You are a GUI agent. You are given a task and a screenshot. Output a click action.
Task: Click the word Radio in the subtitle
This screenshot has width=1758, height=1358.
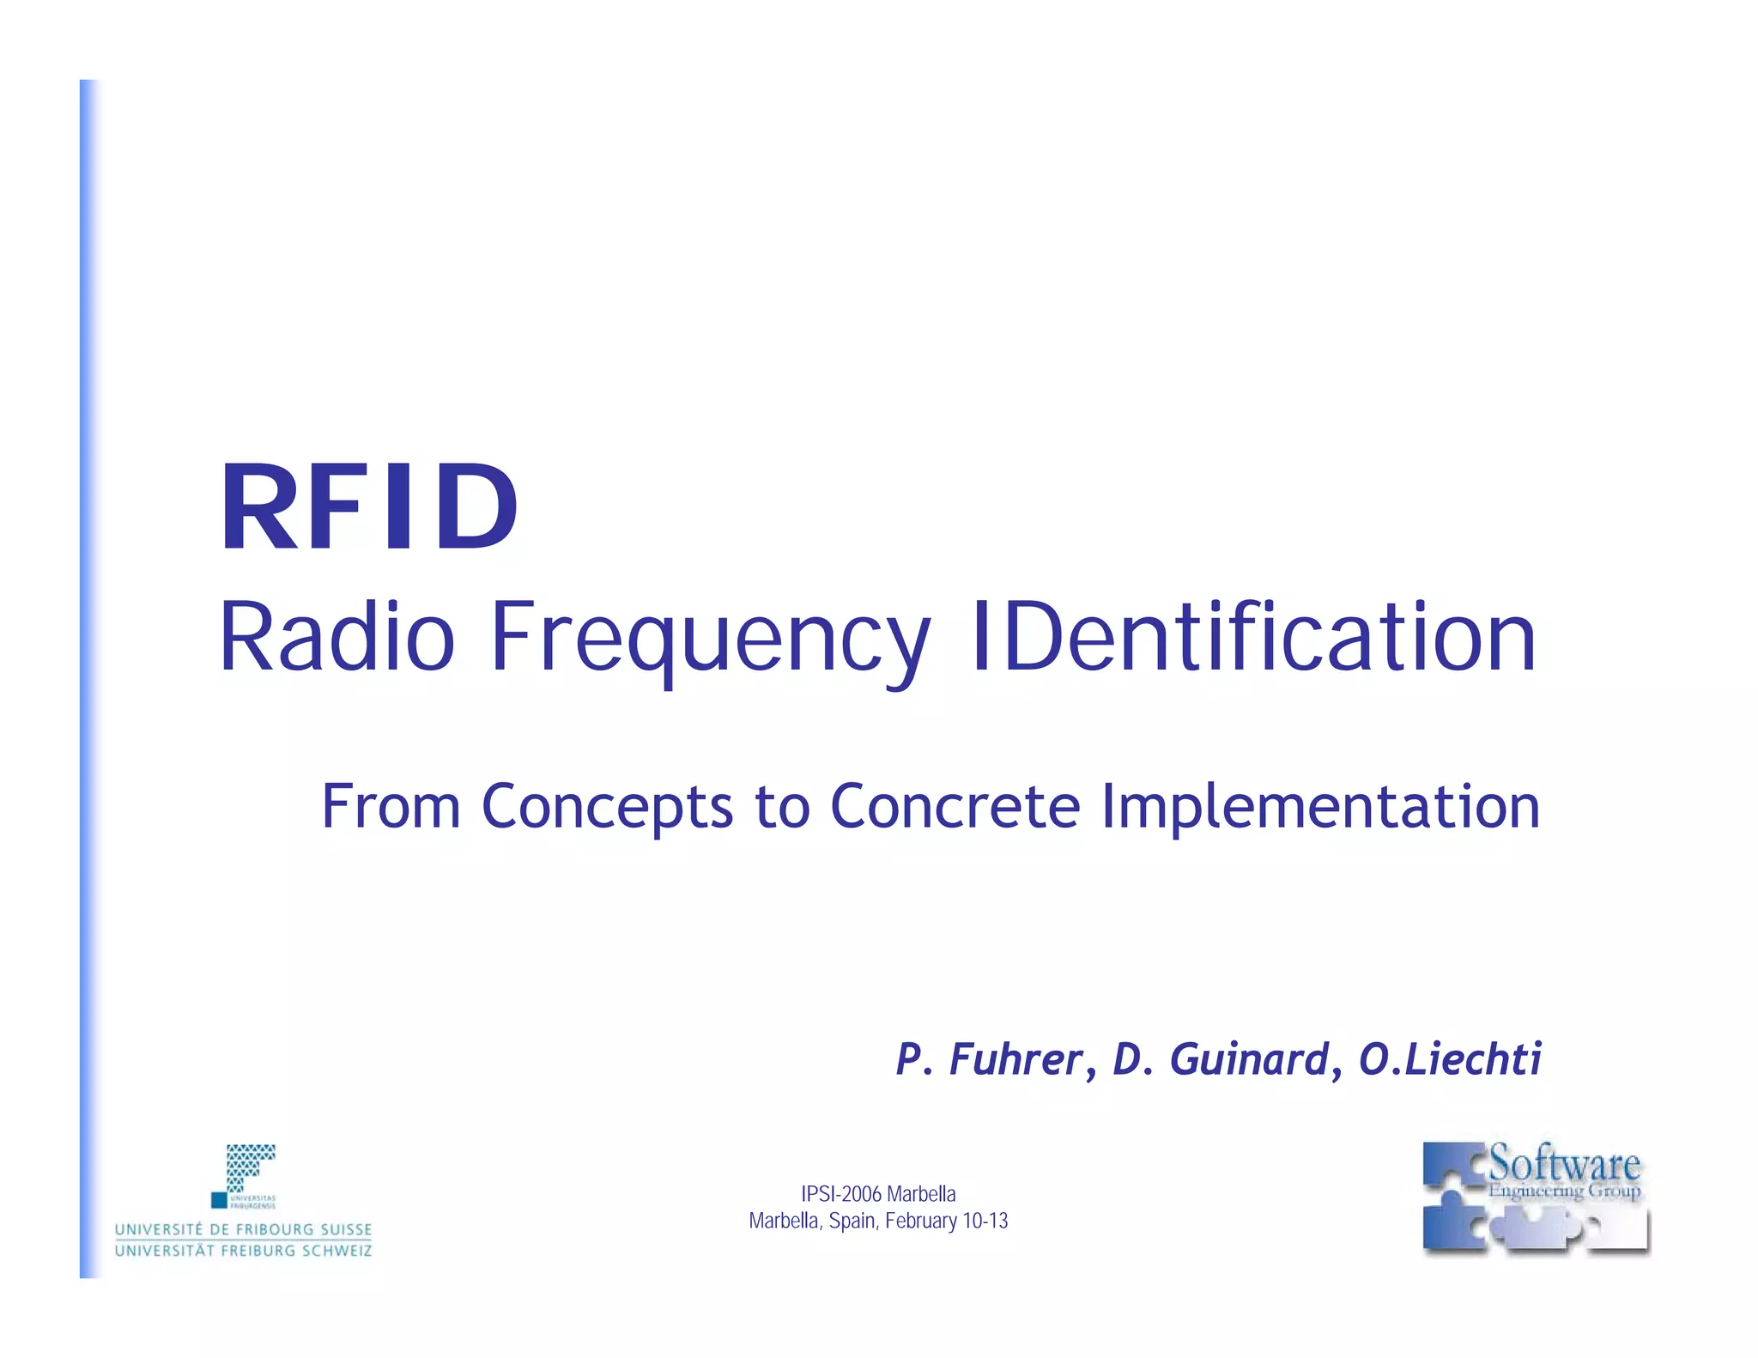[x=336, y=637]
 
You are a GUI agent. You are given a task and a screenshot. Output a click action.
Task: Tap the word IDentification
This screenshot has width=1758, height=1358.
[x=1252, y=637]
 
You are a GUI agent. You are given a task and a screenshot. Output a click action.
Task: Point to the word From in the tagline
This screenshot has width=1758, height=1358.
[x=391, y=807]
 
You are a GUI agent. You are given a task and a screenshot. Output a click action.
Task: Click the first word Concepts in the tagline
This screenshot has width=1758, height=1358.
[x=607, y=809]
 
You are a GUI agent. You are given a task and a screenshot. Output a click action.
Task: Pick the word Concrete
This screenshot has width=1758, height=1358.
[x=955, y=807]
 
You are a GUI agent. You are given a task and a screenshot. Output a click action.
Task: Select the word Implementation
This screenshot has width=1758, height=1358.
[x=1320, y=809]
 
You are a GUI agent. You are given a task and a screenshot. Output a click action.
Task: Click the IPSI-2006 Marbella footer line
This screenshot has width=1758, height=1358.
[x=877, y=1194]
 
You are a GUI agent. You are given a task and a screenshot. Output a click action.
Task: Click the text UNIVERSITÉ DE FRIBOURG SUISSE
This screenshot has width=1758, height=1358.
[x=244, y=1229]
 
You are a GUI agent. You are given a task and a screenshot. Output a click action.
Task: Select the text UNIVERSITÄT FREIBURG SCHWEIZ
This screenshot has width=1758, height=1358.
[x=244, y=1251]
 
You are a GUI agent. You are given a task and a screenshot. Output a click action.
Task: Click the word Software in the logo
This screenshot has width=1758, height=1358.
[x=1564, y=1164]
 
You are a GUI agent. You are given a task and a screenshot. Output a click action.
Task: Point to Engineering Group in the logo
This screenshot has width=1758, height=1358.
[x=1564, y=1191]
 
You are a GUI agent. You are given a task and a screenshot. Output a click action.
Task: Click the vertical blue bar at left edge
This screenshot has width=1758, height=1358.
[x=88, y=678]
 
